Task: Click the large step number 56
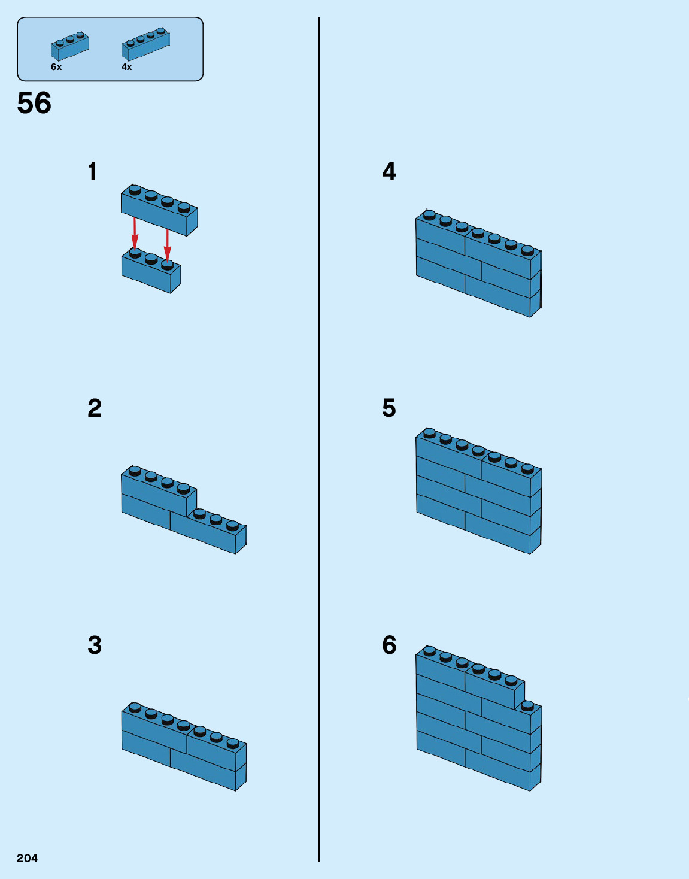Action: click(x=34, y=103)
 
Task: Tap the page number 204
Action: click(x=27, y=858)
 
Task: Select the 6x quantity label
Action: click(x=56, y=67)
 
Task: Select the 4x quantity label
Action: click(x=126, y=67)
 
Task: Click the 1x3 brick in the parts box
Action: click(x=70, y=46)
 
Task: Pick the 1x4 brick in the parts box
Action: click(x=145, y=44)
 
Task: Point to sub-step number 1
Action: click(x=92, y=172)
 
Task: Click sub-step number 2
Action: click(x=95, y=408)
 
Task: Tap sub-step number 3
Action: click(x=95, y=645)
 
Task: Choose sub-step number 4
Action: click(x=389, y=172)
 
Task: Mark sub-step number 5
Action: click(x=389, y=408)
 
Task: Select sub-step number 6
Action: click(x=389, y=645)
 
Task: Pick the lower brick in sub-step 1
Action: click(x=151, y=273)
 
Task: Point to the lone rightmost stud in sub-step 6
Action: click(x=527, y=705)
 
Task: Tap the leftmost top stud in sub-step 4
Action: click(x=429, y=214)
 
